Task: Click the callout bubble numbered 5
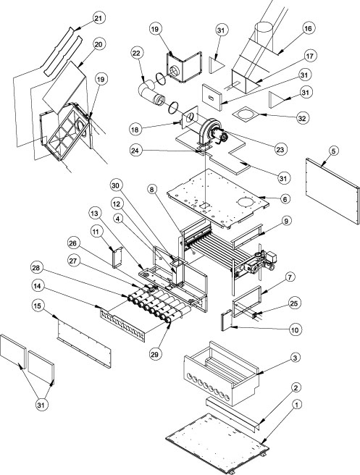334,151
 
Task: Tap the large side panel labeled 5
332,191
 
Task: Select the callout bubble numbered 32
301,119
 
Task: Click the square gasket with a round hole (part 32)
246,114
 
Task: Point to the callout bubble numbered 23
280,149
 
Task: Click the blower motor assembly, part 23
212,133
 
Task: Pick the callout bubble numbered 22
137,53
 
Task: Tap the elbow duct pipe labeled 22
151,93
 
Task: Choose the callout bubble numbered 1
297,405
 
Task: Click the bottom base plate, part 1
217,443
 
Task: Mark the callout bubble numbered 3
295,358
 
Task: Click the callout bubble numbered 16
308,28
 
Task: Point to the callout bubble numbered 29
154,354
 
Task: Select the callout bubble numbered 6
285,199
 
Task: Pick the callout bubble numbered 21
98,18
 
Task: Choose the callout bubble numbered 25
294,303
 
